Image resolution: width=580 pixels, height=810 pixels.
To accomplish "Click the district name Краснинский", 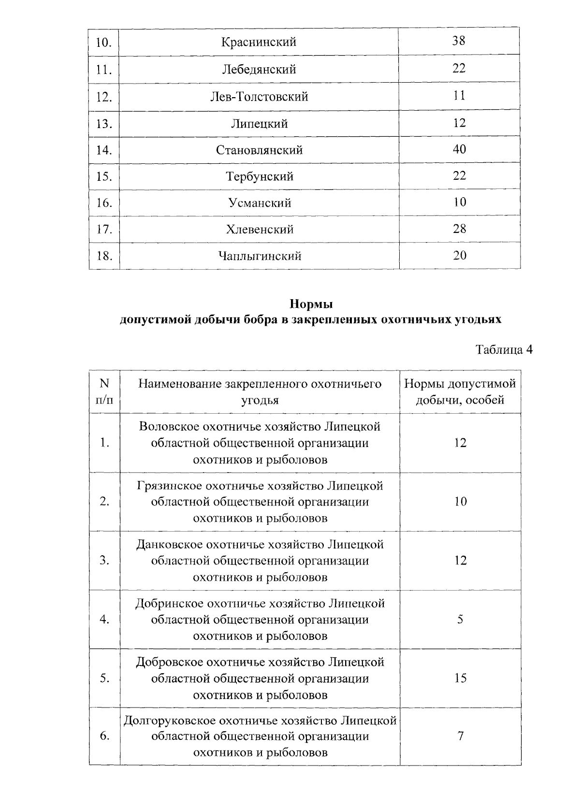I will point(259,42).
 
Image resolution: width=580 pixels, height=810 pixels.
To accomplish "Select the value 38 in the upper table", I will point(459,41).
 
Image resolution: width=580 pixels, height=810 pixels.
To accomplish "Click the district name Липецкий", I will point(259,124).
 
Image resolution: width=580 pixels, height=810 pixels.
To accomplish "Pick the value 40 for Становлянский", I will point(459,149).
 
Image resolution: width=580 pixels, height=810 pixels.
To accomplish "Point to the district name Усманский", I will point(260,203).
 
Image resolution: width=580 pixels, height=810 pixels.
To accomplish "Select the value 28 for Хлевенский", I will point(459,229).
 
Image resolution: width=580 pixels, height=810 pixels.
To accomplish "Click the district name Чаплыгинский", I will point(260,256).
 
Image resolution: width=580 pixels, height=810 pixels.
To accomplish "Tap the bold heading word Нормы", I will point(311,304).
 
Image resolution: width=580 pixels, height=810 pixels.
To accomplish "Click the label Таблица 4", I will point(504,350).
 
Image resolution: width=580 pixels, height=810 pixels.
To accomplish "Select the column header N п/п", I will point(104,392).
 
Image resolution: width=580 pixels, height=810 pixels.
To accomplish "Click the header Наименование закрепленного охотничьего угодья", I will point(260,392).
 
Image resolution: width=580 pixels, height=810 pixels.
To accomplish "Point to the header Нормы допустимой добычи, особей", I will point(460,392).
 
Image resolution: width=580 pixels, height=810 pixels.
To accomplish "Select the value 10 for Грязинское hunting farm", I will point(460,502).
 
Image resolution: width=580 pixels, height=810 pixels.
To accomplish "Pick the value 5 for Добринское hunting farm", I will point(460,620).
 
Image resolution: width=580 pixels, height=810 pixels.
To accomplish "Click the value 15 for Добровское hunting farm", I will point(460,679).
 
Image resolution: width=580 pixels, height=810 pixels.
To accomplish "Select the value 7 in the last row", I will point(460,737).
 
